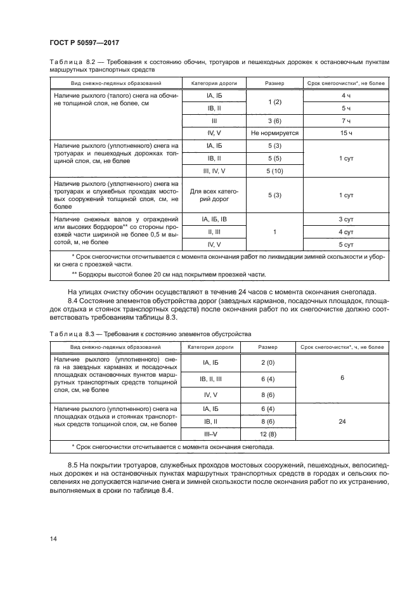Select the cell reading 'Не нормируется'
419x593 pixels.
(274, 133)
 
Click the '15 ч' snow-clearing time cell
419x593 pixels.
(346, 133)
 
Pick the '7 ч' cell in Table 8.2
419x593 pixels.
(346, 121)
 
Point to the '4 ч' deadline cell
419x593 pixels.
(346, 96)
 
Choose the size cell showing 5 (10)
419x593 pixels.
(274, 171)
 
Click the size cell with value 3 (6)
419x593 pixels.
(274, 121)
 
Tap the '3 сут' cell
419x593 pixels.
(346, 219)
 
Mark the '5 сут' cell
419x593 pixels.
(346, 244)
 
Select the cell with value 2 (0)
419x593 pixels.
(267, 362)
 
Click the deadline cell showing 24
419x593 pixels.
(342, 420)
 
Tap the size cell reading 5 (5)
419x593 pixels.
(274, 158)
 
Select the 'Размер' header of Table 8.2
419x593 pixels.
(274, 83)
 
